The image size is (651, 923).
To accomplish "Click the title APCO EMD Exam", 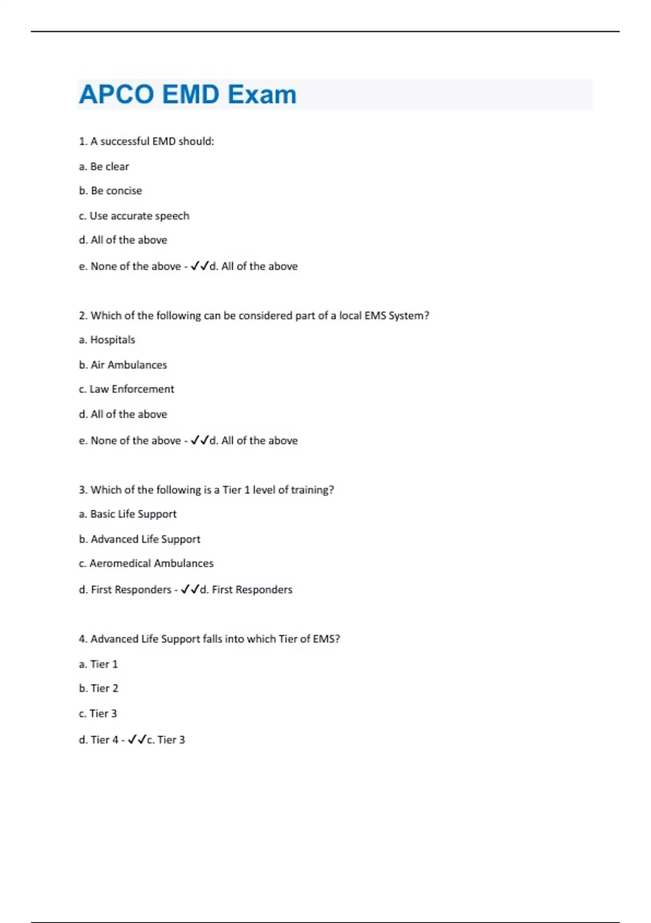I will click(x=188, y=94).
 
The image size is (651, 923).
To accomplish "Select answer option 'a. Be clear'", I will click(x=104, y=167).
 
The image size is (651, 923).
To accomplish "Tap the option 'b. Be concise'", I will click(x=111, y=191).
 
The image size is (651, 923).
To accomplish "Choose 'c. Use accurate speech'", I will click(x=134, y=216).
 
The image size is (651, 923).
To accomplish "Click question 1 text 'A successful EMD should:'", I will click(x=152, y=142).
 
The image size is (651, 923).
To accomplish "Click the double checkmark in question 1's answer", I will click(x=199, y=266).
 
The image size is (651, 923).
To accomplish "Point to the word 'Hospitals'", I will click(x=112, y=340).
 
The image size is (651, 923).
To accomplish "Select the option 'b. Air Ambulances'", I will click(x=123, y=365).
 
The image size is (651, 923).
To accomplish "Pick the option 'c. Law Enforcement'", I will click(x=126, y=389).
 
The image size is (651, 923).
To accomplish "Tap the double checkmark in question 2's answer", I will click(x=199, y=440).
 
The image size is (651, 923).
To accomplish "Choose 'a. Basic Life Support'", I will click(x=128, y=514).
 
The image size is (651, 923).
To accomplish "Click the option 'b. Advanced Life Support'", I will click(x=140, y=539).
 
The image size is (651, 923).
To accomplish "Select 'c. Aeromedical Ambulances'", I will click(x=146, y=564).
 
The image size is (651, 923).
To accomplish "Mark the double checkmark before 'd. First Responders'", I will click(x=190, y=590).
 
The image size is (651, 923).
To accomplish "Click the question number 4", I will click(x=82, y=639).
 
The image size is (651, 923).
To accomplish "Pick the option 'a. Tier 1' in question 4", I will click(x=98, y=664).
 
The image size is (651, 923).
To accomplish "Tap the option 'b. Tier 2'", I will click(x=99, y=688).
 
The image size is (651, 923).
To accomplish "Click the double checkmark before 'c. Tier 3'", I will click(x=137, y=739).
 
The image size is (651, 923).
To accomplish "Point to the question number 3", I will click(x=82, y=490).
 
